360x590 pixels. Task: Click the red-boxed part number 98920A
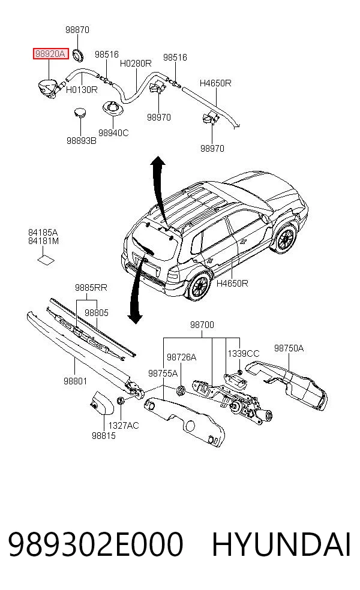pos(50,54)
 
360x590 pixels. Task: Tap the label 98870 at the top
pos(77,30)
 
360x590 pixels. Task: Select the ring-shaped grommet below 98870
pos(78,55)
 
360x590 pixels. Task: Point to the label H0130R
pos(82,90)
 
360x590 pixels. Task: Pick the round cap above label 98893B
pos(79,113)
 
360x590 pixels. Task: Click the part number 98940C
pos(113,133)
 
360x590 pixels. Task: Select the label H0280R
pos(136,64)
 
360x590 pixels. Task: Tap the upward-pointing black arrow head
pos(157,161)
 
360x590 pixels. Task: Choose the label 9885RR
pos(91,288)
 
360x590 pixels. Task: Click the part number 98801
pos(76,381)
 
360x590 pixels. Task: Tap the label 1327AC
pos(124,426)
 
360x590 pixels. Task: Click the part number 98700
pos(202,325)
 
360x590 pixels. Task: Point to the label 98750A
pos(289,348)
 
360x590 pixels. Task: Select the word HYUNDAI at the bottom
pos(281,544)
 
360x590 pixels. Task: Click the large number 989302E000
pos(95,544)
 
